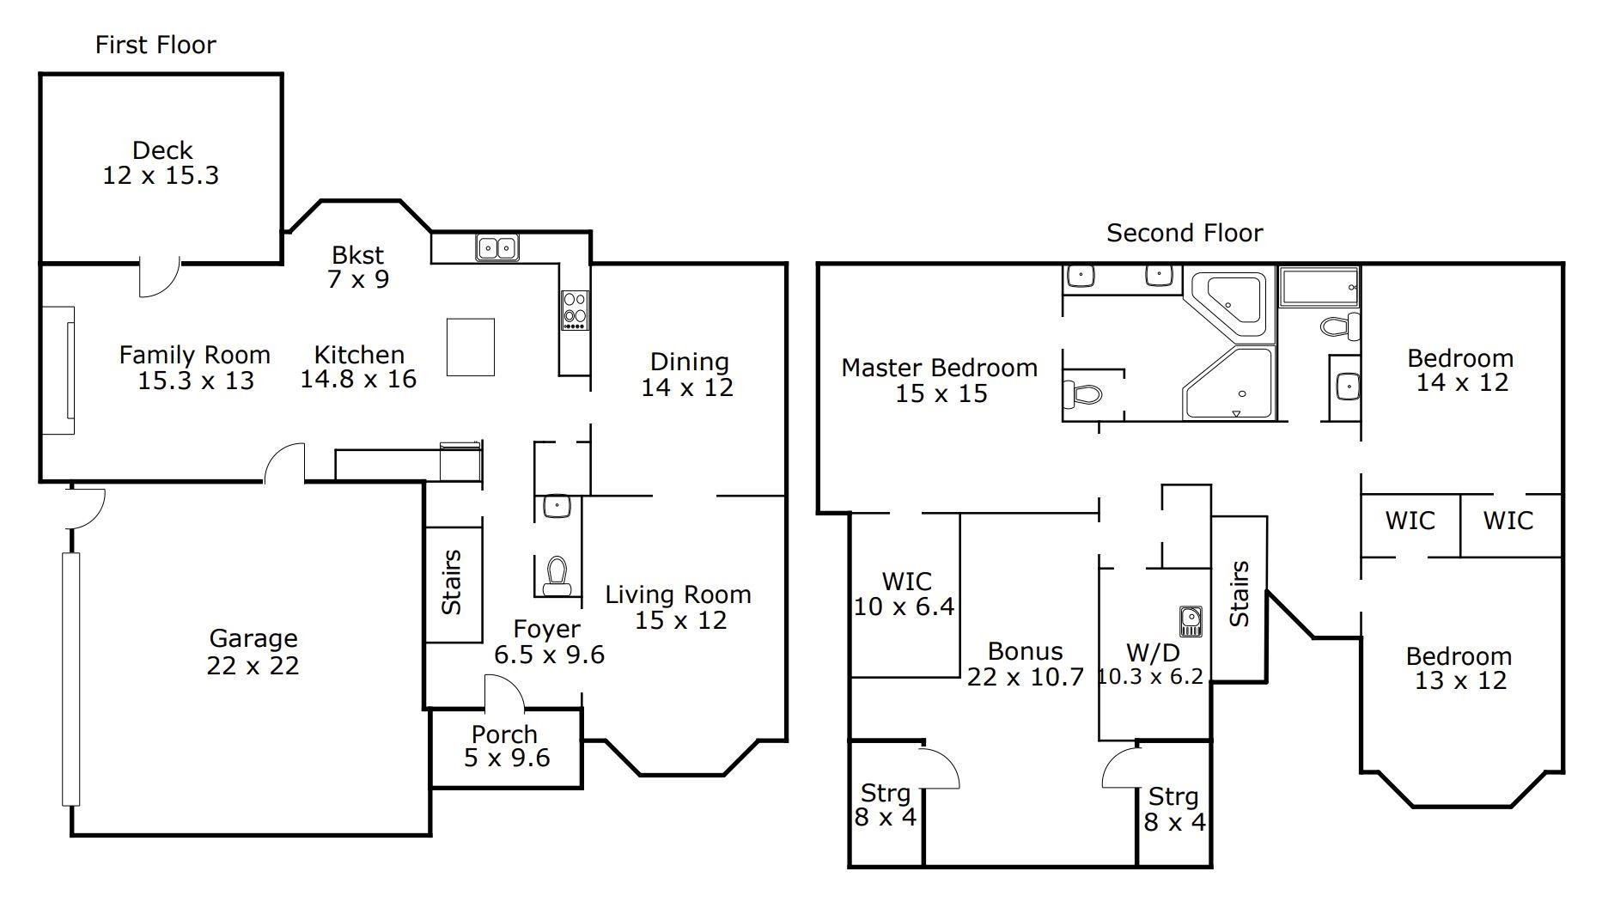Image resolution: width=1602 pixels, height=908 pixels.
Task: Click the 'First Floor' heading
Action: click(x=155, y=45)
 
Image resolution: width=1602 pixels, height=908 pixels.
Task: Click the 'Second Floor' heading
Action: click(x=1184, y=233)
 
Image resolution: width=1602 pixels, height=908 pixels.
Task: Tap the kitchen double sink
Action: click(x=497, y=248)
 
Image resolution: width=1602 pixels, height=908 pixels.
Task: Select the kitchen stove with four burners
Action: click(x=575, y=310)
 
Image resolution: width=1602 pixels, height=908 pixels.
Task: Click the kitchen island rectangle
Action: click(x=470, y=347)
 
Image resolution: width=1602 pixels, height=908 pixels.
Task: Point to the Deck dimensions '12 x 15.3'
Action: click(x=161, y=175)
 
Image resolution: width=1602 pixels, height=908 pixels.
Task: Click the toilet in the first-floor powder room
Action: click(x=557, y=575)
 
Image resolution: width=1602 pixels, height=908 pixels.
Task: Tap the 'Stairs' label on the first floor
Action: click(x=452, y=582)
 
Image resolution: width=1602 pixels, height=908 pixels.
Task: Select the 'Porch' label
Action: click(x=504, y=734)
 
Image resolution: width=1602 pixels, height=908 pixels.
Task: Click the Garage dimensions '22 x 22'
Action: click(x=253, y=666)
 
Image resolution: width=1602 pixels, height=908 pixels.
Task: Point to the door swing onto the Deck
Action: click(x=160, y=277)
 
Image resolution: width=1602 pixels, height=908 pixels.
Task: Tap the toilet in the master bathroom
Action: click(x=1083, y=394)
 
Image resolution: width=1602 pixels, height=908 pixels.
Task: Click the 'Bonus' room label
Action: click(x=1025, y=651)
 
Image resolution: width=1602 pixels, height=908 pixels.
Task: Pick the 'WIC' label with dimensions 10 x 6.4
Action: click(x=906, y=582)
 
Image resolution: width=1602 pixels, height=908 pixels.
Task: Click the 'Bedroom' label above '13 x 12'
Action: click(x=1459, y=656)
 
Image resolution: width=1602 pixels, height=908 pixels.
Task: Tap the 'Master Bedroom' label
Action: click(x=939, y=368)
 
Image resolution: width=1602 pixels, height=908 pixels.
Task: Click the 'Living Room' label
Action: click(x=678, y=594)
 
